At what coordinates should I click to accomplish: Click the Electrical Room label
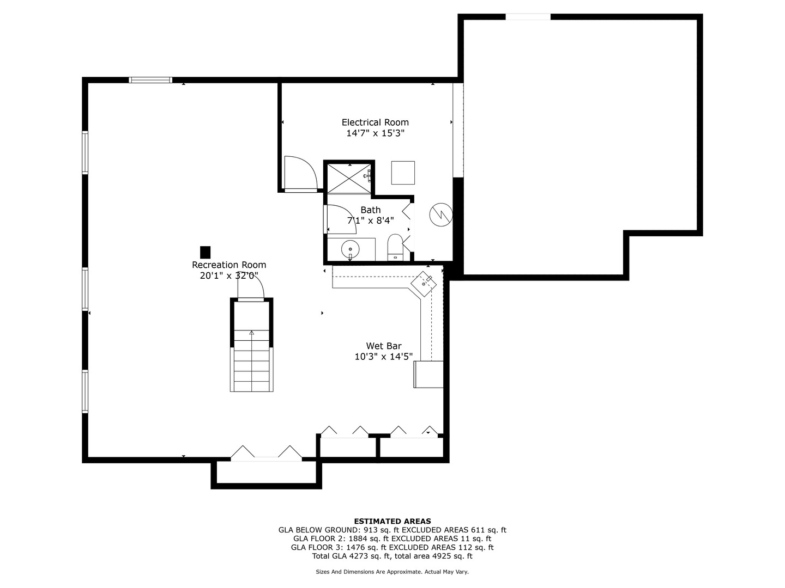[x=375, y=122]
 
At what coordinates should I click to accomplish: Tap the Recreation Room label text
[x=229, y=265]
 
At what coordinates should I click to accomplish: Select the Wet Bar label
[x=384, y=346]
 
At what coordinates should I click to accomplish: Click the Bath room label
[x=371, y=210]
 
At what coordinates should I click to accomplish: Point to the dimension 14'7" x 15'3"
[x=375, y=133]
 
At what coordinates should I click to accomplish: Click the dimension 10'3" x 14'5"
[x=384, y=357]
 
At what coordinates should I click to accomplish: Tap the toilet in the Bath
[x=395, y=247]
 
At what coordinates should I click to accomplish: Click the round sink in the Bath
[x=350, y=250]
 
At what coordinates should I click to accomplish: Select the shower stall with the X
[x=349, y=177]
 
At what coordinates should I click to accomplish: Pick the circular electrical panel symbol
[x=440, y=215]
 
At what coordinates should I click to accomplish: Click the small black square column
[x=205, y=252]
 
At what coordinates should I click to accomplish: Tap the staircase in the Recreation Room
[x=251, y=359]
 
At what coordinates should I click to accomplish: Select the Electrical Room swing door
[x=300, y=173]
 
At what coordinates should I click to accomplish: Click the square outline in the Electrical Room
[x=403, y=173]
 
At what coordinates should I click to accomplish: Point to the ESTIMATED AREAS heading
[x=392, y=521]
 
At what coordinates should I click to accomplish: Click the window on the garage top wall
[x=528, y=17]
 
